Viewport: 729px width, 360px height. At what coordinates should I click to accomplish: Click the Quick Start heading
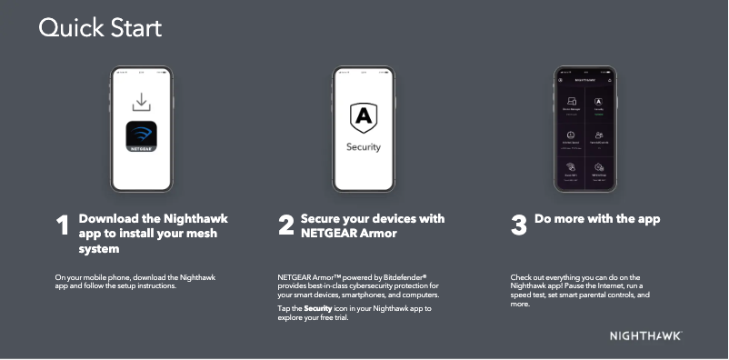[x=100, y=28]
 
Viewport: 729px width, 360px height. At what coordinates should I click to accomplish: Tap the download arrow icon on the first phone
[x=141, y=100]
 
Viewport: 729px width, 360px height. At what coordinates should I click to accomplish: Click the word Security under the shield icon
[x=364, y=147]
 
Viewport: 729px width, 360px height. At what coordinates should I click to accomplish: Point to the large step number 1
[x=63, y=226]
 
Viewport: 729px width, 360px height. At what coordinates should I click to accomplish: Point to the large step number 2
[x=286, y=226]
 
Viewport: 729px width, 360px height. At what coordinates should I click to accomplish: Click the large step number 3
[x=519, y=226]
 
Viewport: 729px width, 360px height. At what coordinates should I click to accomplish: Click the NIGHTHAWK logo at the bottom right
[x=645, y=336]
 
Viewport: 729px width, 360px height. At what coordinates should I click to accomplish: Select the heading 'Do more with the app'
[x=597, y=219]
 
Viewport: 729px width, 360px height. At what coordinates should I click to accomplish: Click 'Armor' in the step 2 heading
[x=377, y=234]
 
